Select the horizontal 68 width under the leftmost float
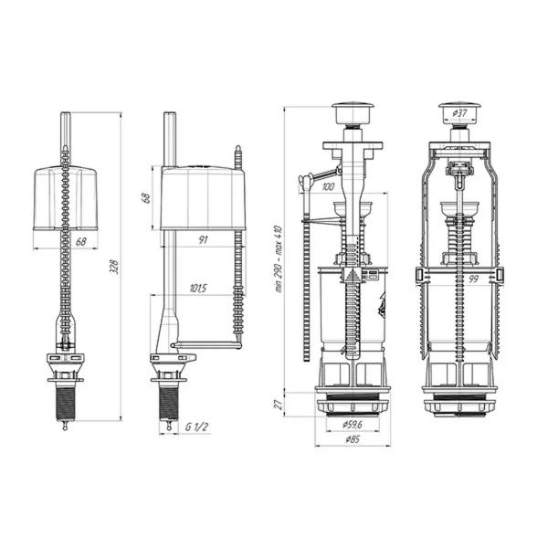point(80,242)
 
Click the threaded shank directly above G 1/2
point(170,398)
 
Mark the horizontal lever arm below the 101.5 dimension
point(206,345)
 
